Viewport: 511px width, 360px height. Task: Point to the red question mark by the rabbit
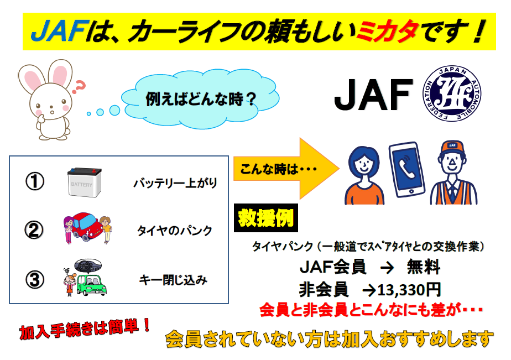click(x=79, y=87)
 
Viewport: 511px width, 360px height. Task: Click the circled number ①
click(x=35, y=181)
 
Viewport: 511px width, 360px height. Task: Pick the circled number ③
click(x=35, y=279)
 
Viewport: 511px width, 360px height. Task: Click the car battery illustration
click(x=85, y=182)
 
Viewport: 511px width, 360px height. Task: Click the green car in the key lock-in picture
click(x=92, y=285)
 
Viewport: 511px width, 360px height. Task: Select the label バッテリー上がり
click(x=175, y=183)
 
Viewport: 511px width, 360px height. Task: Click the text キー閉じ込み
click(x=173, y=280)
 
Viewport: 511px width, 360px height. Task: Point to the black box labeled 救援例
click(x=266, y=218)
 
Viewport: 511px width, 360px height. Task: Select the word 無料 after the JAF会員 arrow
click(x=424, y=267)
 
